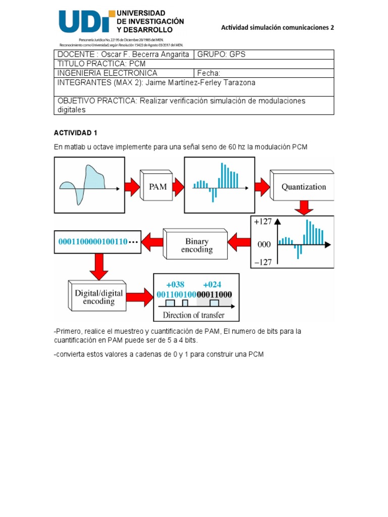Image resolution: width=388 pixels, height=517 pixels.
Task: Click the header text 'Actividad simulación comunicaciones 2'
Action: pyautogui.click(x=277, y=28)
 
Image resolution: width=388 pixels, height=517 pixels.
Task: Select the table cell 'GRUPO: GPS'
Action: pyautogui.click(x=221, y=55)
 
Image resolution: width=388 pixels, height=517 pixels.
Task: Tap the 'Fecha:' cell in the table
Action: pyautogui.click(x=209, y=73)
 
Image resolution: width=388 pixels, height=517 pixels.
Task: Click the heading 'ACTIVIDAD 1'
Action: pyautogui.click(x=75, y=133)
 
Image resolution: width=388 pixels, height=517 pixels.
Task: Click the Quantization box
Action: pyautogui.click(x=303, y=186)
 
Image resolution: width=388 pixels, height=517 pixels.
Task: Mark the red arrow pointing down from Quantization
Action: pyautogui.click(x=304, y=207)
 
